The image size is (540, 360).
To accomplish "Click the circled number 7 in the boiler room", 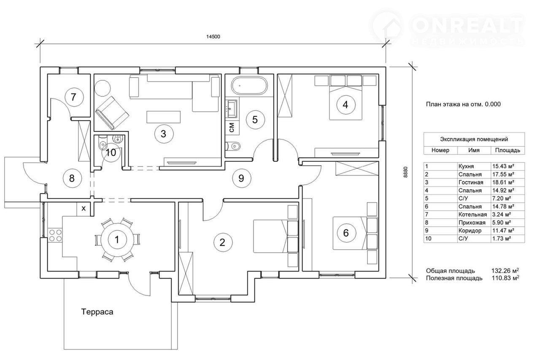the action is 74,97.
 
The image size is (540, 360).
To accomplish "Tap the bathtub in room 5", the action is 249,85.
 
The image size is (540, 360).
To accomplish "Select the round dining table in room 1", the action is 117,239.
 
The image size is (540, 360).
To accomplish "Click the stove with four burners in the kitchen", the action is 55,235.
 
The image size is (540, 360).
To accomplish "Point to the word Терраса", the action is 97,312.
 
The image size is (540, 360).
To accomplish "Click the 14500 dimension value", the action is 213,37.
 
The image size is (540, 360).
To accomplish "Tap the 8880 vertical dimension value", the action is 405,172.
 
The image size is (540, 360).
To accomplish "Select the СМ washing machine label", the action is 232,127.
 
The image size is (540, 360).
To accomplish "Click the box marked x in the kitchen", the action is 84,209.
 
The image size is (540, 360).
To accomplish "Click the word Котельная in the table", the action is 472,215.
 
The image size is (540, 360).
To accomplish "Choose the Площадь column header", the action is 508,150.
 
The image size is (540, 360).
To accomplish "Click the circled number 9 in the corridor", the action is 241,178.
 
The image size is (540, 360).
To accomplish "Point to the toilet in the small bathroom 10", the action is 103,144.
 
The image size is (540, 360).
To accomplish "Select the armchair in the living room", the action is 112,113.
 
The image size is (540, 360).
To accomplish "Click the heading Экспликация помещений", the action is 474,139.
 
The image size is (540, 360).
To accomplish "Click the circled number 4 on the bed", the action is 346,105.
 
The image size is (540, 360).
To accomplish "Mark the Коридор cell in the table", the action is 470,231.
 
